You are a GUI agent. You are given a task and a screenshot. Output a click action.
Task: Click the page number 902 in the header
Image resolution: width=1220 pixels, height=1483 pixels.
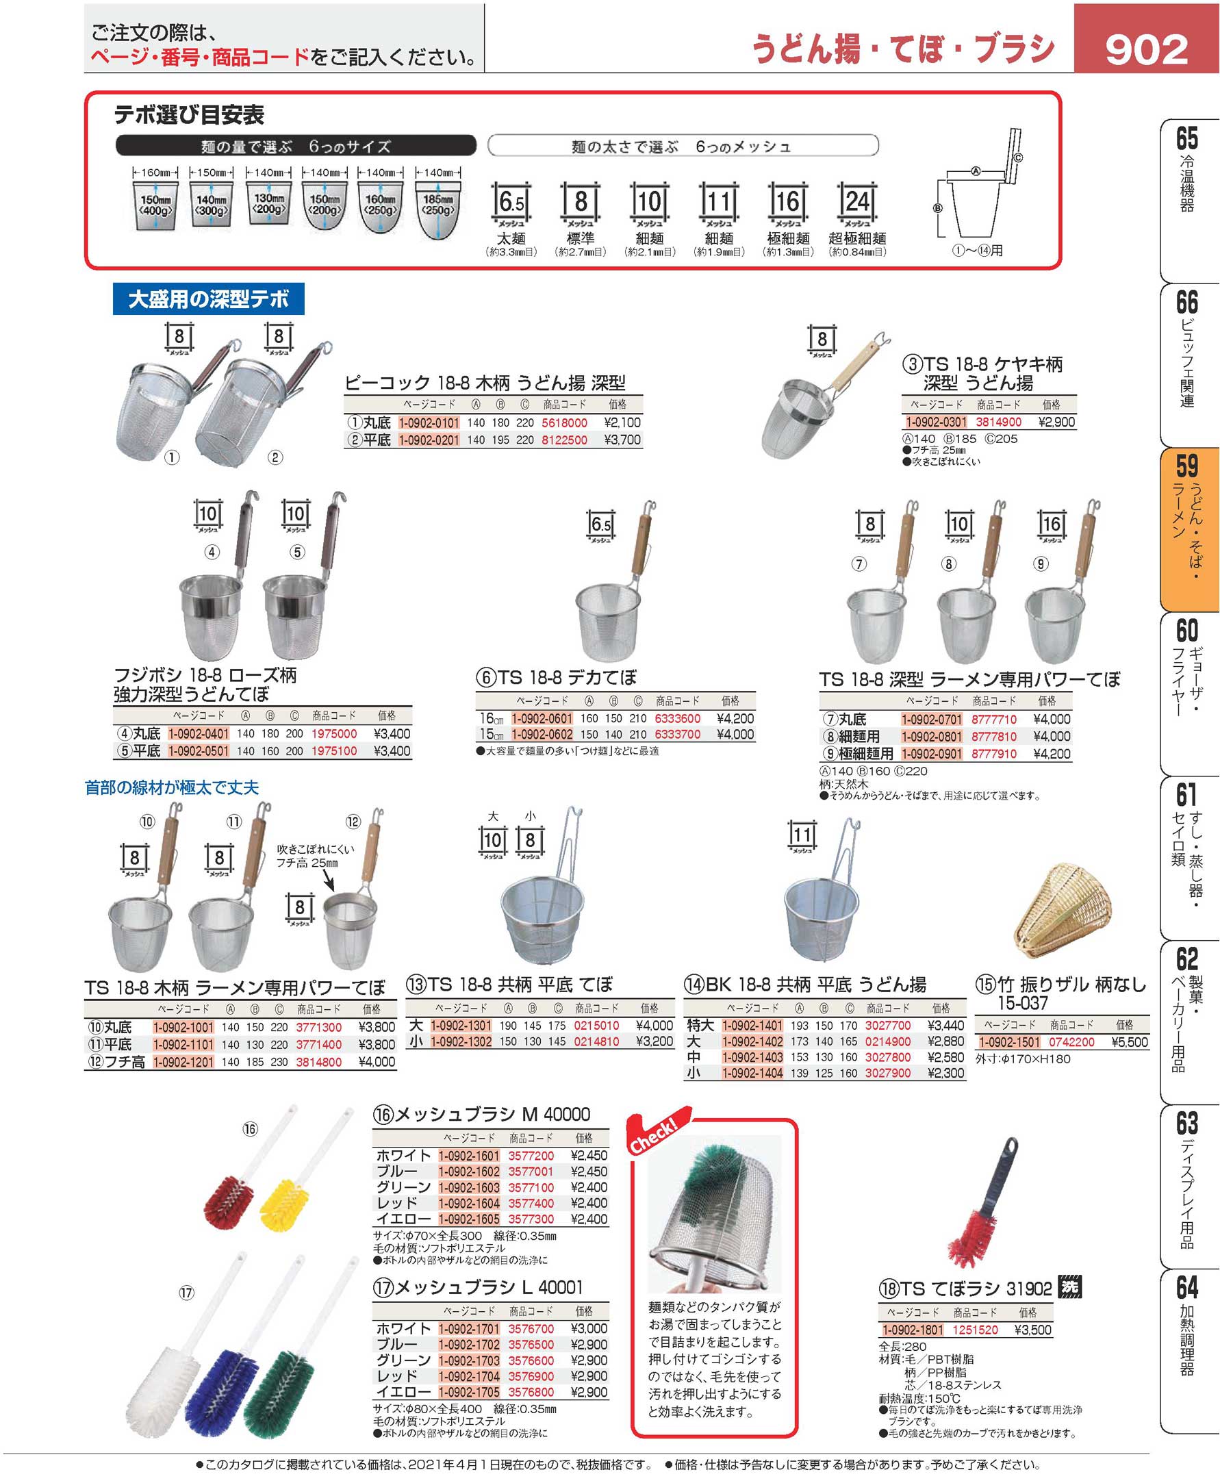click(x=1146, y=50)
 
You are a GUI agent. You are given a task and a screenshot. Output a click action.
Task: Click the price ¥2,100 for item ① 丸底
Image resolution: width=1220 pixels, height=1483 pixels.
click(x=622, y=422)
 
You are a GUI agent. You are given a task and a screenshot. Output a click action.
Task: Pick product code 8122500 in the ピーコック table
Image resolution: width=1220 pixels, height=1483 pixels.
click(x=563, y=440)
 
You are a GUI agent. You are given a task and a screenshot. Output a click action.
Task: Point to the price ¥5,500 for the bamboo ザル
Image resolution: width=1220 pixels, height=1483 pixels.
click(x=1130, y=1041)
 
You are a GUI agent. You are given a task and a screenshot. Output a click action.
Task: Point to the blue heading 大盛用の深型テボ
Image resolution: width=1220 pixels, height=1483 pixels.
click(x=208, y=299)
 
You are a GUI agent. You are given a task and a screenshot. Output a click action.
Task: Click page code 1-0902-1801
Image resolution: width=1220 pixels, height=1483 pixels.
click(x=912, y=1330)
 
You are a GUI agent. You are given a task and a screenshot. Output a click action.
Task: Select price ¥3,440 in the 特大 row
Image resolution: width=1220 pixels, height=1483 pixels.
click(x=946, y=1026)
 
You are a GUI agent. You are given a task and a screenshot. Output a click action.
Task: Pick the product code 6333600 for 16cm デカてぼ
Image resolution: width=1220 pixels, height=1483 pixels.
click(x=678, y=718)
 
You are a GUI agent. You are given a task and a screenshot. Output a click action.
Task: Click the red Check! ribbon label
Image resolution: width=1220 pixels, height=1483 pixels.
click(x=654, y=1133)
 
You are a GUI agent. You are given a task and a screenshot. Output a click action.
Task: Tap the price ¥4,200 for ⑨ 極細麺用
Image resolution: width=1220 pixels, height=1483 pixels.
click(x=1052, y=753)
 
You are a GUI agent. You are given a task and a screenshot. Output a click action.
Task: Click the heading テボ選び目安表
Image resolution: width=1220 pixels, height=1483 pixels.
click(x=189, y=114)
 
